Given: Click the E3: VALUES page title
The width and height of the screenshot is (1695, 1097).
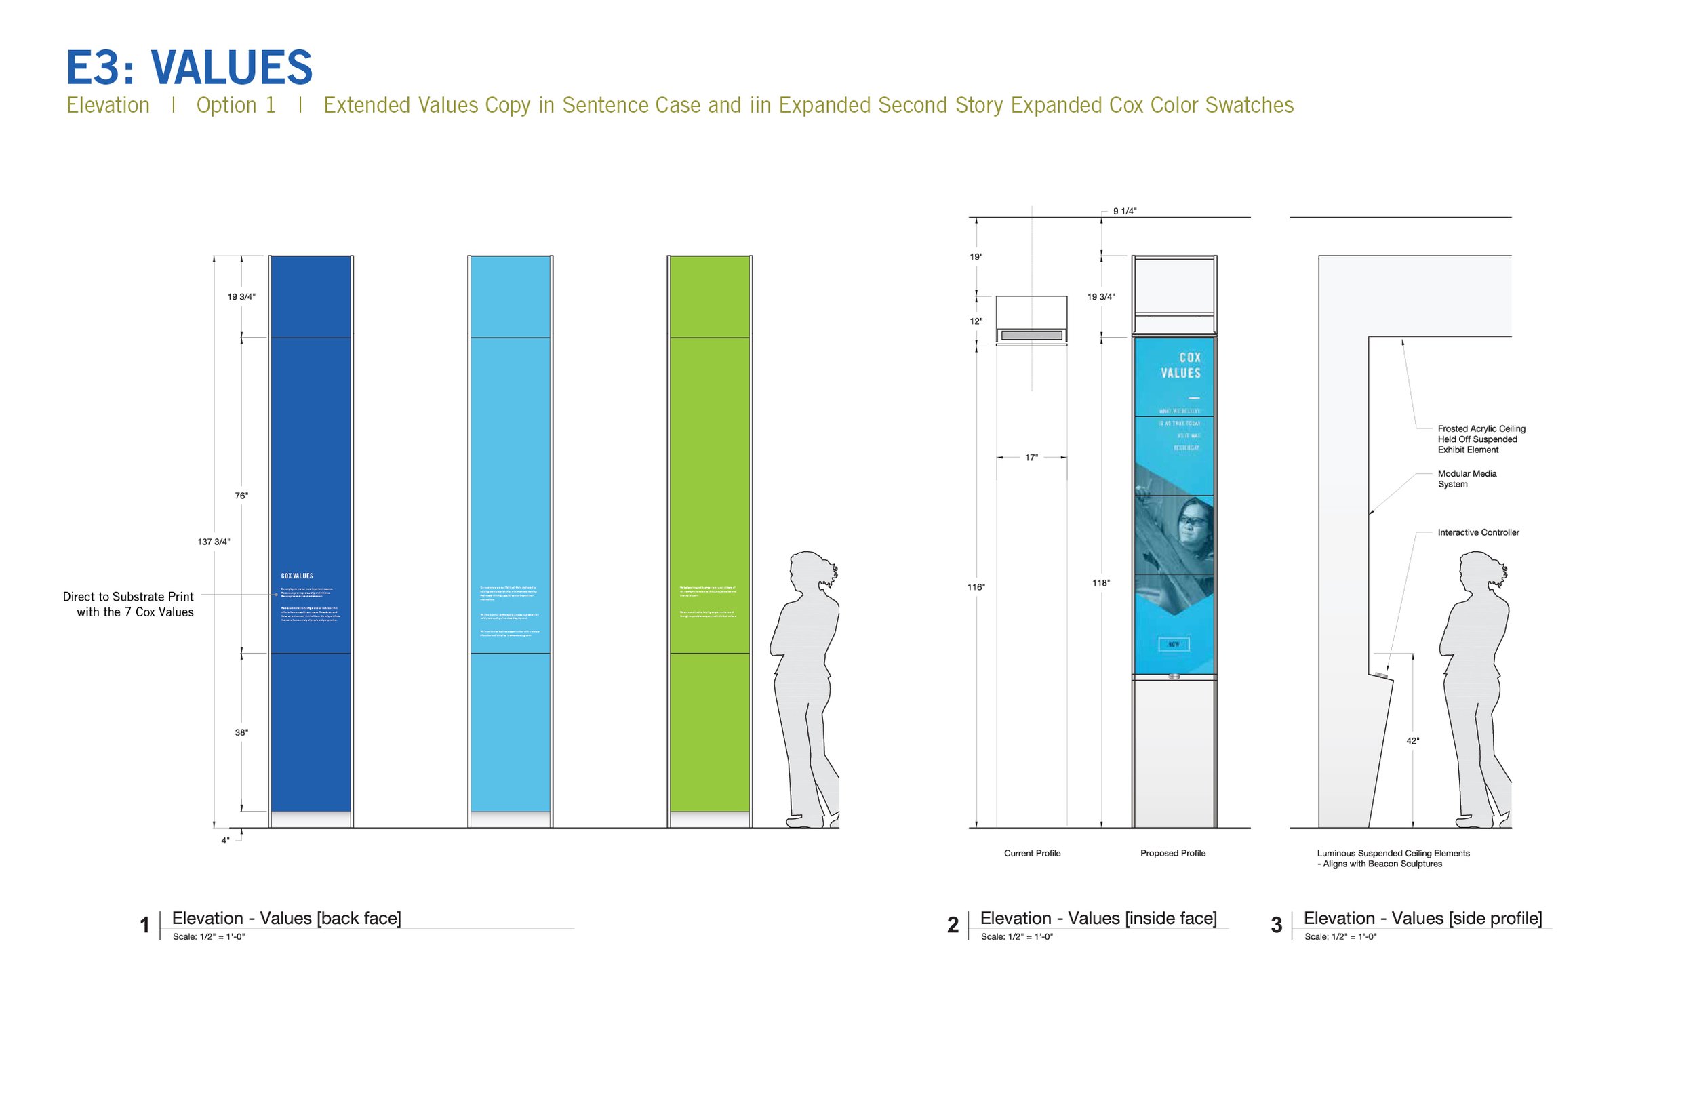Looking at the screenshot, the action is (x=188, y=68).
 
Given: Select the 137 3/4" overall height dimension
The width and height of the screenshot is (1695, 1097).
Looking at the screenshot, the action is (x=214, y=542).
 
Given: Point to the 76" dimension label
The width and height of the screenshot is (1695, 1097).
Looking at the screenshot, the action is (x=241, y=496).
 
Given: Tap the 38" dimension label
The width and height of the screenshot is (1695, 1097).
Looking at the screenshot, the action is (x=241, y=732).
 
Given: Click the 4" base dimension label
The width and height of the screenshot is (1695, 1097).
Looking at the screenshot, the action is (x=225, y=841).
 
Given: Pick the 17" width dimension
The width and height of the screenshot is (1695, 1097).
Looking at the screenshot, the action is (x=1031, y=458).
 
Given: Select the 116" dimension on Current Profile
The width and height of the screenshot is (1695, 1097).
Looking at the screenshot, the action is (x=976, y=587).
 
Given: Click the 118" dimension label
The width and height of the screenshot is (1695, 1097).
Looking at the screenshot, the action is (x=1101, y=582).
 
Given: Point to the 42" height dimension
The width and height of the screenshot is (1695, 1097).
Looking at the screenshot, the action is (x=1413, y=741).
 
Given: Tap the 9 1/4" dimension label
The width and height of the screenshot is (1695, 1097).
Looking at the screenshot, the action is (x=1125, y=212).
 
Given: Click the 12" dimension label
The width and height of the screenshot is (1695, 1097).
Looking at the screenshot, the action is (x=976, y=321).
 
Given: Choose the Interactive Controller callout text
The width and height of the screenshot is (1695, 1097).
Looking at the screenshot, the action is (x=1479, y=532).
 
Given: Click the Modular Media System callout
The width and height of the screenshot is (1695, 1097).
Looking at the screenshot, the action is (x=1467, y=479).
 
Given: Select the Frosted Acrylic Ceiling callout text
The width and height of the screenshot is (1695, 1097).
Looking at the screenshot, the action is (x=1481, y=439).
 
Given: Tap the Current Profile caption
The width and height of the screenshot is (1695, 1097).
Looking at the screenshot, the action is (x=1032, y=854).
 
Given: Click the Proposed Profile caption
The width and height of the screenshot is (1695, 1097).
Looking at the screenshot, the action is (x=1173, y=854).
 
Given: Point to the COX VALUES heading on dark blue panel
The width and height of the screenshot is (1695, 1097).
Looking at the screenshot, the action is (x=297, y=576).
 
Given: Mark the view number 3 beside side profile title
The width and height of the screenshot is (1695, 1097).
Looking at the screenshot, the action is (x=1276, y=925).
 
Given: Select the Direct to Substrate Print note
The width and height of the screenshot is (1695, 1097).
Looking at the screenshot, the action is (x=128, y=604).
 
